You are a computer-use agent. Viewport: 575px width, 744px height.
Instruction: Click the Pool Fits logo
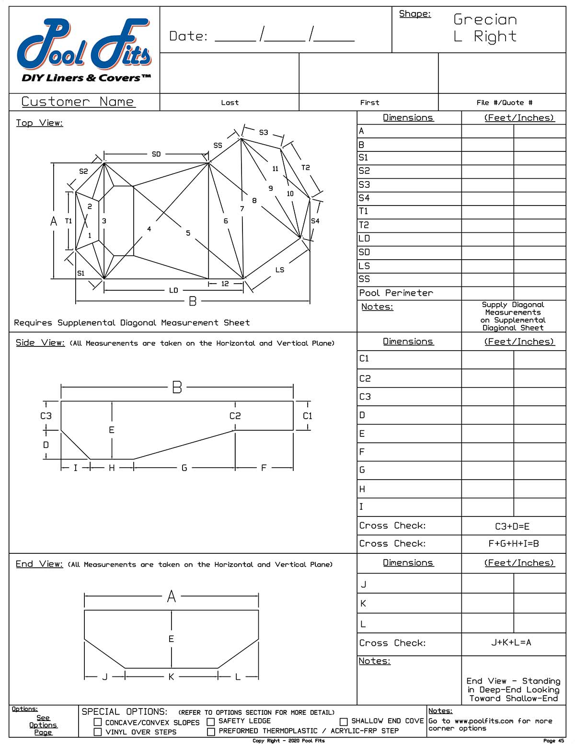[84, 50]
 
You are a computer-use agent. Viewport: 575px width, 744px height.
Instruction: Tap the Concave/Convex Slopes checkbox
[98, 722]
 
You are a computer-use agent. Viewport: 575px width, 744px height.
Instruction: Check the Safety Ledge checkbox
[210, 721]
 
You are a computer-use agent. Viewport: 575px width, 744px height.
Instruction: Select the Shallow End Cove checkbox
[344, 721]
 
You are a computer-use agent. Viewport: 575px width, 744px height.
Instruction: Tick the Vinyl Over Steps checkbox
[98, 732]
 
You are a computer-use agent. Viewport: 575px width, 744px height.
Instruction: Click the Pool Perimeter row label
[396, 293]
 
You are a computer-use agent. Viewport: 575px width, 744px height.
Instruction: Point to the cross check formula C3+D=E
[512, 526]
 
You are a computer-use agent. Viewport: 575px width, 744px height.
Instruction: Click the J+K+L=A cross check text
[511, 642]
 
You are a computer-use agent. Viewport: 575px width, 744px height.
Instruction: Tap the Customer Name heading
[78, 102]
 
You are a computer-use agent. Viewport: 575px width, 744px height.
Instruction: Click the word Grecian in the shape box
[485, 20]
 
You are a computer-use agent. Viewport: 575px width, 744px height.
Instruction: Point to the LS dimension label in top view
[280, 270]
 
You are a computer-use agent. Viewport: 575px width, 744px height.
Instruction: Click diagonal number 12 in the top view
[225, 284]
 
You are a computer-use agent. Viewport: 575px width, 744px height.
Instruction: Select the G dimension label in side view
[184, 468]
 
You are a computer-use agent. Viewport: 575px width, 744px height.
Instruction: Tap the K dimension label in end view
[171, 676]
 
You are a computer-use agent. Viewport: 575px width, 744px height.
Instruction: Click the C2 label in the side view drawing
[235, 416]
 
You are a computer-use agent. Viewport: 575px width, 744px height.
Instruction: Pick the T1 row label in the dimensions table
[364, 211]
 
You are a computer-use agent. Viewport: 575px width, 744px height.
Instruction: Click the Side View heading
[40, 343]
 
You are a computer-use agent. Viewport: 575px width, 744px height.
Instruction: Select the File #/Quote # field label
[504, 103]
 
